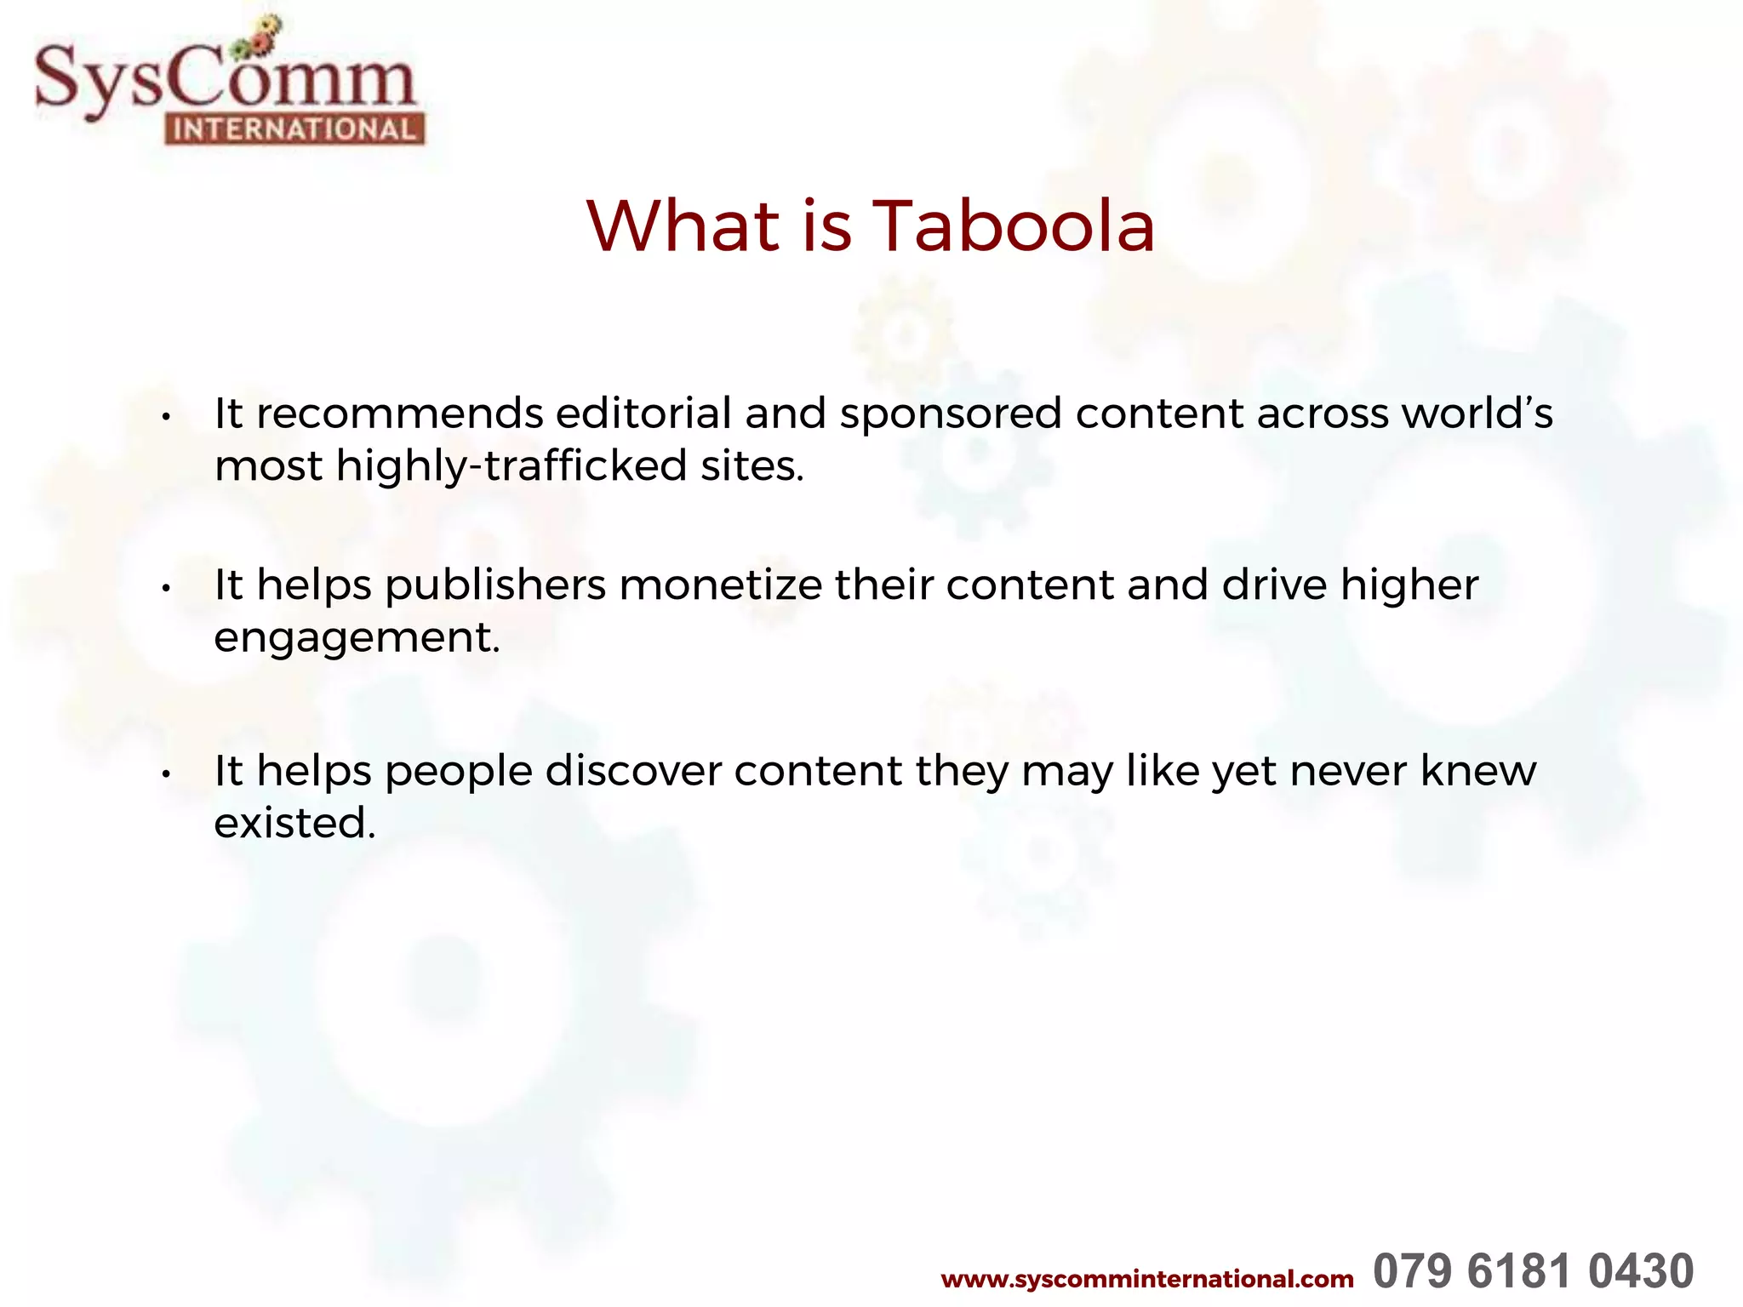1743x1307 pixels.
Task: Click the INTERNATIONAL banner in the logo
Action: (294, 129)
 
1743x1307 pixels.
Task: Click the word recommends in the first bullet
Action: (399, 414)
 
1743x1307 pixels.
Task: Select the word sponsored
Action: (951, 415)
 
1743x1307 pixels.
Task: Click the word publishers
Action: (495, 585)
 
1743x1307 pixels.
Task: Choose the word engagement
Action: (356, 639)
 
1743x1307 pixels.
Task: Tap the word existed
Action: (294, 823)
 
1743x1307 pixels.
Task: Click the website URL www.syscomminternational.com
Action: (1146, 1279)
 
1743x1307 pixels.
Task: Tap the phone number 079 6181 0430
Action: (1533, 1272)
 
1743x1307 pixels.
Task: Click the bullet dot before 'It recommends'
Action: (167, 417)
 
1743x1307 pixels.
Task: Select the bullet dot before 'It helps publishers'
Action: (167, 588)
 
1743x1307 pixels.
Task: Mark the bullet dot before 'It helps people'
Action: (167, 774)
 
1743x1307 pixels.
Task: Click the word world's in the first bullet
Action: (1477, 414)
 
